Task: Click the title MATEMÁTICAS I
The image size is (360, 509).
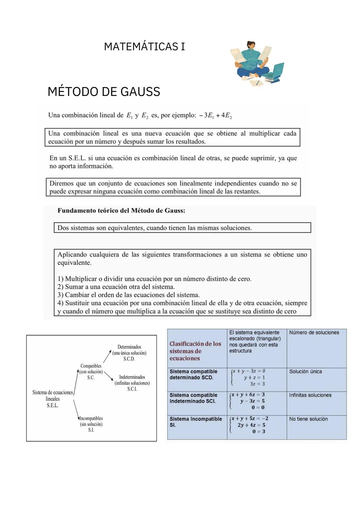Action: coord(144,47)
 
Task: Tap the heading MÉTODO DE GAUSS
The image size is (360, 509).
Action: coord(104,92)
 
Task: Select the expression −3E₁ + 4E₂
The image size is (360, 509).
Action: coord(215,115)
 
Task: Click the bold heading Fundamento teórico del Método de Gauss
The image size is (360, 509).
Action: coord(121,211)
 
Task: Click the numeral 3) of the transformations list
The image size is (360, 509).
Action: coord(60,295)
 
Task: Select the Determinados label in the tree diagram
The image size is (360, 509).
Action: coord(129,347)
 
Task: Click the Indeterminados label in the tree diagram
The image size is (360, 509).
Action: coord(132,377)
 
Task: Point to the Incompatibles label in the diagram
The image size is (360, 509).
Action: coord(91,418)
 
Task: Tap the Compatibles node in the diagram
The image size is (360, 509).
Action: coord(91,366)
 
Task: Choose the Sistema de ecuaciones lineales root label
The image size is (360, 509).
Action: coord(53,399)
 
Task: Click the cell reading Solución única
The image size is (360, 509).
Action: coord(305,372)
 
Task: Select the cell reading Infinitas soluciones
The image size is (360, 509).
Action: coord(310,395)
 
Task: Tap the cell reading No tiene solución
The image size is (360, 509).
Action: coord(308,419)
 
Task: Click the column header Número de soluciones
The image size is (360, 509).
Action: coord(314,333)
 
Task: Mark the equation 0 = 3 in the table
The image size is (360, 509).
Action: coord(259,432)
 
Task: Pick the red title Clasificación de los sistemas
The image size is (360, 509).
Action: coord(195,351)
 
